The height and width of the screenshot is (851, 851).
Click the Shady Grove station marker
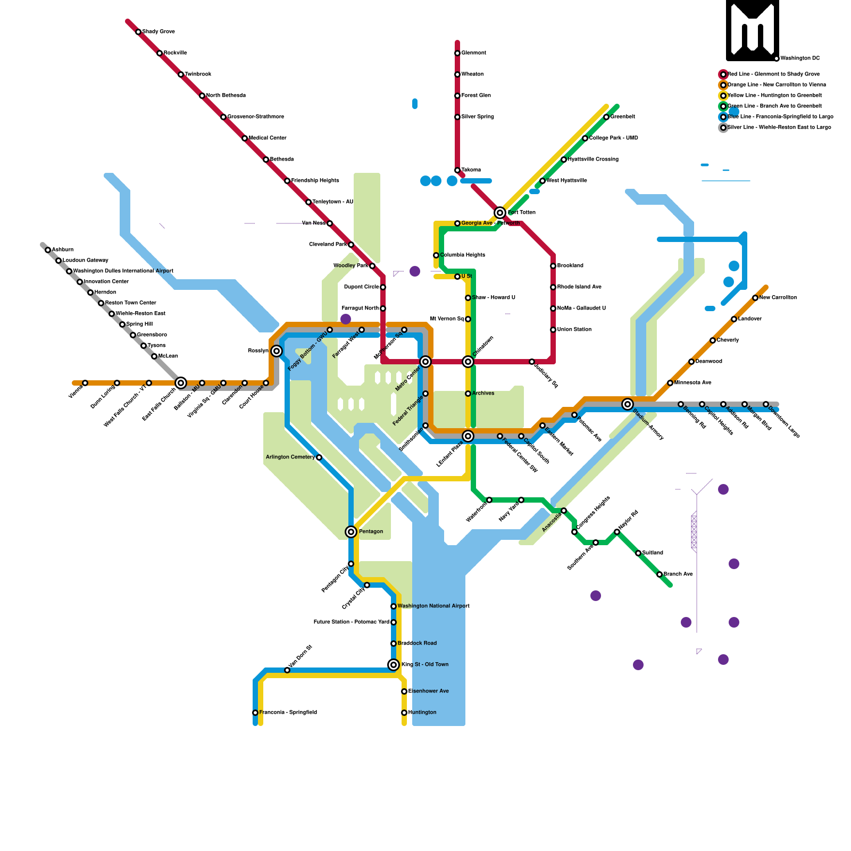(x=138, y=32)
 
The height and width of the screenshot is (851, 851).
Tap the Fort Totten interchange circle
(x=500, y=213)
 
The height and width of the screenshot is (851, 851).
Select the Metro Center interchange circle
(x=425, y=362)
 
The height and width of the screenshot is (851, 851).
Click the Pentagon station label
(x=371, y=531)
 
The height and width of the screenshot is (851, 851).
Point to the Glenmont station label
(x=473, y=53)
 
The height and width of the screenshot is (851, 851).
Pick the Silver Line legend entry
(x=779, y=127)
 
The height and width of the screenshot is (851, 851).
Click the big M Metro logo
(x=752, y=30)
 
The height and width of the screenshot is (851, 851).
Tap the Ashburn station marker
(x=48, y=250)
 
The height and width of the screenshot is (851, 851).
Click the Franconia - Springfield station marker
(x=255, y=713)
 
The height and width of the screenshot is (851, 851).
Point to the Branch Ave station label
(x=678, y=574)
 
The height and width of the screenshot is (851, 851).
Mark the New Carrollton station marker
(x=755, y=298)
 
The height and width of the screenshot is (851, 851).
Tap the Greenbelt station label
(x=622, y=116)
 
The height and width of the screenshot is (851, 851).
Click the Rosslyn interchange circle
(x=277, y=351)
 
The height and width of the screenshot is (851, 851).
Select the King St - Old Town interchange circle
(x=394, y=665)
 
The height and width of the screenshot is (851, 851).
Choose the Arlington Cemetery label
(x=290, y=457)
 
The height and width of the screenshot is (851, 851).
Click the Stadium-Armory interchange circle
(x=628, y=404)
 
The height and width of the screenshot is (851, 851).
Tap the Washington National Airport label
(x=433, y=606)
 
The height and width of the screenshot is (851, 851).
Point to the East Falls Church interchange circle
(x=181, y=383)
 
